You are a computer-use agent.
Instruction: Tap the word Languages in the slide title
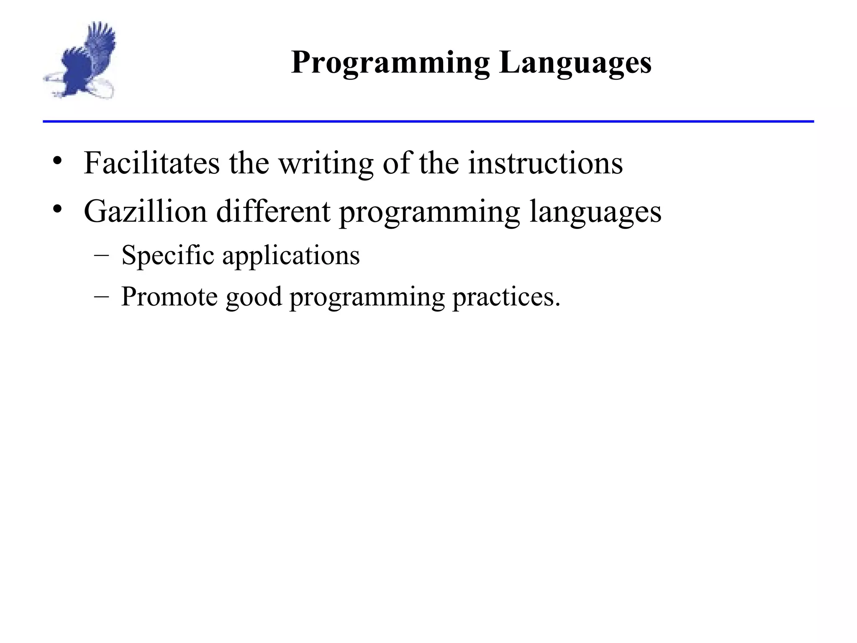(575, 63)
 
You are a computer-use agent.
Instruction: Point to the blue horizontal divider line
(428, 121)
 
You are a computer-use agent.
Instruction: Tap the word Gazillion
(145, 211)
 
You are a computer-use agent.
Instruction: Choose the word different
(273, 211)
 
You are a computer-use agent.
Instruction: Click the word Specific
(167, 255)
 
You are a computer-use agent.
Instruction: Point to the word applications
(291, 256)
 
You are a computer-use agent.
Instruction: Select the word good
(254, 297)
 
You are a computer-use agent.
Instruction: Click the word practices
(506, 297)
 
